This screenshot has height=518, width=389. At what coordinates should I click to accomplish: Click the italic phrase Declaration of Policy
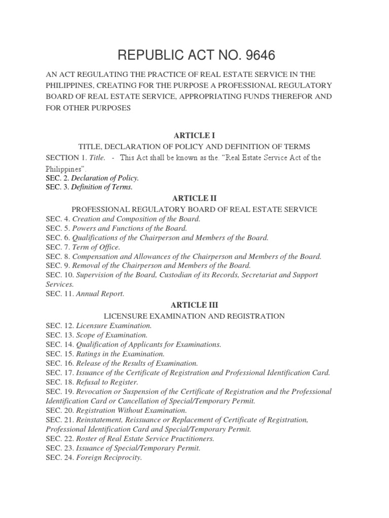[x=105, y=178]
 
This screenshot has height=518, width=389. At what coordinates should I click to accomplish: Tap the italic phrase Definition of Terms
[x=102, y=187]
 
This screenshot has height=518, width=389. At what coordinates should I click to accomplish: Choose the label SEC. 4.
[x=58, y=219]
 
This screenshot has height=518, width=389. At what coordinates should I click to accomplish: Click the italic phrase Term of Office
[x=96, y=247]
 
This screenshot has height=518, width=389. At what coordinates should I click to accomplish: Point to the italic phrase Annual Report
[x=100, y=293]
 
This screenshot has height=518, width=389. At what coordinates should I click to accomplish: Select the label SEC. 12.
[x=59, y=325]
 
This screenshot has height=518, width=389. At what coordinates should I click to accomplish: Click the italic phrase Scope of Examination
[x=112, y=335]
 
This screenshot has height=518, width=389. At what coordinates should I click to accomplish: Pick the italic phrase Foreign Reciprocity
[x=109, y=458]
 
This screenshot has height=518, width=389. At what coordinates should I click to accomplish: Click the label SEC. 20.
[x=59, y=410]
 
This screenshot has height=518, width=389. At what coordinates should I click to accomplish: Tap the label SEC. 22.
[x=59, y=439]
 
